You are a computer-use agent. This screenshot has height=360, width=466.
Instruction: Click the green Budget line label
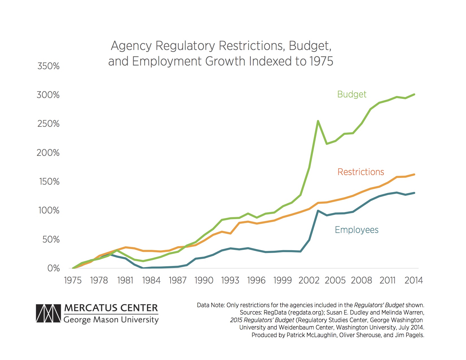(352, 94)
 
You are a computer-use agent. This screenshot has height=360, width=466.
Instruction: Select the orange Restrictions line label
(361, 172)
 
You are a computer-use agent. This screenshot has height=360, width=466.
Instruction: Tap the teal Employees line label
(356, 230)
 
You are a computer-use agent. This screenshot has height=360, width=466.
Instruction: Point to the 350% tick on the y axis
(48, 66)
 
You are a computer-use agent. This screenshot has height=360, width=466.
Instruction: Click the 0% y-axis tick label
(53, 268)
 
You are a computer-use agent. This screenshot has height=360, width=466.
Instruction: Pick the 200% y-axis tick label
(48, 153)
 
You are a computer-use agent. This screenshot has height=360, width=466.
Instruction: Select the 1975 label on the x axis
(73, 280)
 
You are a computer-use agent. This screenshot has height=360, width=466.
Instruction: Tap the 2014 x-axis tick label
(413, 280)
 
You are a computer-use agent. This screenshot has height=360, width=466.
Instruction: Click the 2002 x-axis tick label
(309, 280)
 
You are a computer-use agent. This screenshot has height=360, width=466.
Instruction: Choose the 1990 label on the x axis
(204, 280)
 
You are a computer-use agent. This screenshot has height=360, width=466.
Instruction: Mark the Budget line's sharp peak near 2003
(318, 121)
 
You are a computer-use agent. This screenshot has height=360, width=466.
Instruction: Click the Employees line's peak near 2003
(318, 211)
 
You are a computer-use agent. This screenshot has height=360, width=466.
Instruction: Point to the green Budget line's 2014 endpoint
(414, 94)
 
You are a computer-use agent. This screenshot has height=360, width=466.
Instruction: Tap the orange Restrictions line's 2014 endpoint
(414, 174)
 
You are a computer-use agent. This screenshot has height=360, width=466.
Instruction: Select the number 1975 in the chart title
(321, 61)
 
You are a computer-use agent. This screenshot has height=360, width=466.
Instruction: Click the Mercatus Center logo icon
(48, 313)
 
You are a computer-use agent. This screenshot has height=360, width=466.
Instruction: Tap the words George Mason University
(111, 320)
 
